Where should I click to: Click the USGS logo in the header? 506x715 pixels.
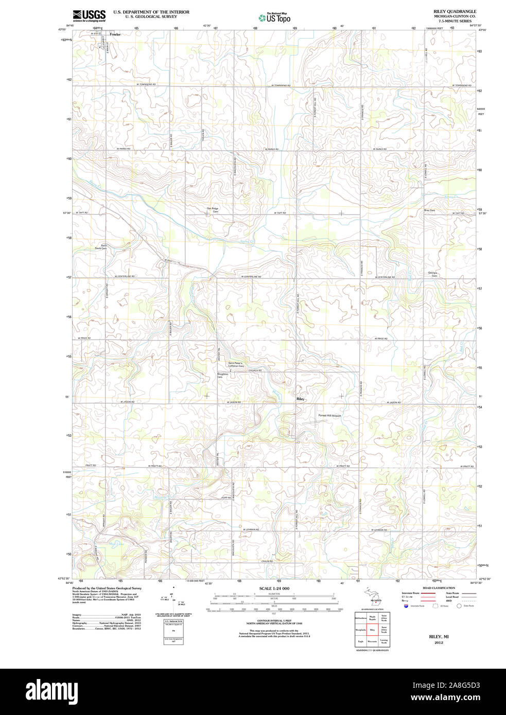89,15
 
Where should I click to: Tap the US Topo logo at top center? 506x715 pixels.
274,18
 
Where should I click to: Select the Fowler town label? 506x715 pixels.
115,34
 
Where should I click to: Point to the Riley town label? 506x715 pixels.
300,399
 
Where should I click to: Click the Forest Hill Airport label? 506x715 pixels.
329,416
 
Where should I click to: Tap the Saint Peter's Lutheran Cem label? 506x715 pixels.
239,364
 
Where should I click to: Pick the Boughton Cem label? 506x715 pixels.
222,376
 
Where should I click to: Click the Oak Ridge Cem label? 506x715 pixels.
213,210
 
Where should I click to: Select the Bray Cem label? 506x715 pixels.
429,210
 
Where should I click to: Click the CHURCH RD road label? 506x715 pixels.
255,370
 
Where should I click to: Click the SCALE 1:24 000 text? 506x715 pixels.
274,588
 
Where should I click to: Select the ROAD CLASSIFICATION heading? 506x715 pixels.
439,588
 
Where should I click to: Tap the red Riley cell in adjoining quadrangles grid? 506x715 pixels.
372,629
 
